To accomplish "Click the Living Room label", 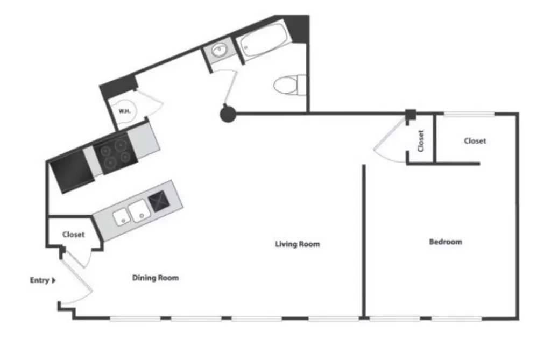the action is (x=297, y=244).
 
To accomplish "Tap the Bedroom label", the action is (x=446, y=242).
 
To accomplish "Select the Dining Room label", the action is (x=156, y=278).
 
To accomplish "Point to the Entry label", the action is (x=39, y=280).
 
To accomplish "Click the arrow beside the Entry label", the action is (x=54, y=280).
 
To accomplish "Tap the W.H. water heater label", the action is (x=125, y=111).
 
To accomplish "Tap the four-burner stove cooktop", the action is (x=115, y=154).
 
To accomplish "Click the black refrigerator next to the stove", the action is (x=73, y=172).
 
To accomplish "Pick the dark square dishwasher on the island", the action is (x=159, y=201).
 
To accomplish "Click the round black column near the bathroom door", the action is (x=228, y=114).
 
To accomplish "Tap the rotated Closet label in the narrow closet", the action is (x=421, y=141).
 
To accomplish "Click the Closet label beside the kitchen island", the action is (x=73, y=235).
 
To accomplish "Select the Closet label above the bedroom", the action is (x=475, y=141).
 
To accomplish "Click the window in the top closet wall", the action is (x=469, y=114).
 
